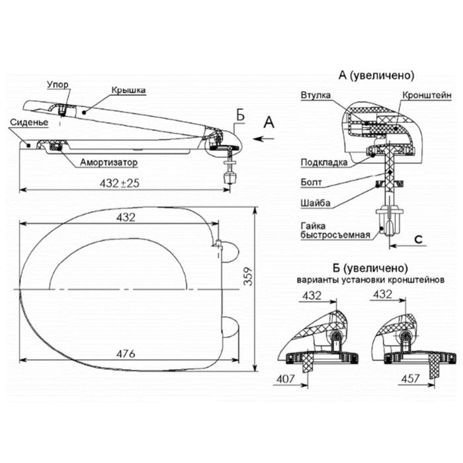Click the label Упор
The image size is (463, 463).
click(58, 85)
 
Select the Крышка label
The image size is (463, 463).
click(128, 90)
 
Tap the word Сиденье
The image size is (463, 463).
click(29, 122)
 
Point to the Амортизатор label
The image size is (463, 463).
click(109, 162)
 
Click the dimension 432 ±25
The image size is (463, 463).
click(119, 183)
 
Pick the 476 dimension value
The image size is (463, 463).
click(126, 353)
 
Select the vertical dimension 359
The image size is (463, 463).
click(249, 276)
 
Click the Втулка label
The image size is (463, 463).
click(316, 95)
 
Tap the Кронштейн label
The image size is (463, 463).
click(427, 95)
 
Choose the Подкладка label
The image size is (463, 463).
click(324, 163)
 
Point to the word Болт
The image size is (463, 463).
click(312, 182)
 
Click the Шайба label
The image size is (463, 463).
click(316, 203)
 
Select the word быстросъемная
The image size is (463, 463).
click(335, 235)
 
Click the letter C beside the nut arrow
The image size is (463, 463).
click(419, 239)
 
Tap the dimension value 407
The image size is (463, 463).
click(285, 378)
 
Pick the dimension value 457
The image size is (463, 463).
click(411, 378)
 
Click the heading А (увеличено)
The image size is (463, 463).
click(376, 75)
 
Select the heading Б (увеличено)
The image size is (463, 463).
click(370, 268)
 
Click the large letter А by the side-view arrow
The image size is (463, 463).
click(269, 122)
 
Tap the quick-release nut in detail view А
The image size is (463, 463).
click(390, 220)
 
